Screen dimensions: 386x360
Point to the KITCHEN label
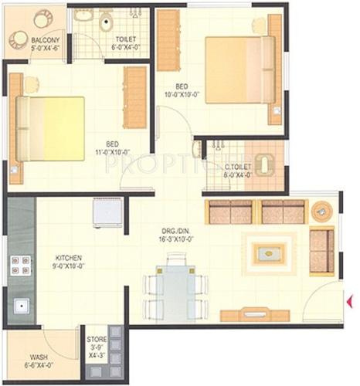pos(70,258)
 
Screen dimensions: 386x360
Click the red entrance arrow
pos(350,300)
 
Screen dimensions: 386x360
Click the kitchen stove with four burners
pos(21,265)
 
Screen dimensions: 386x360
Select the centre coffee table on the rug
pos(268,252)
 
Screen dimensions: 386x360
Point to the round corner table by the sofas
pos(321,211)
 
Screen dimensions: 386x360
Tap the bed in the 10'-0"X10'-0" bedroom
pos(239,69)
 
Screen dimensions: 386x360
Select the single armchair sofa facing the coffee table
pos(321,251)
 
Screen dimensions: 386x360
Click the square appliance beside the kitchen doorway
pos(106,212)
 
